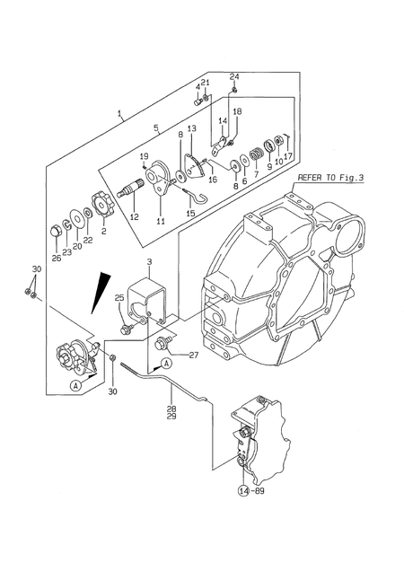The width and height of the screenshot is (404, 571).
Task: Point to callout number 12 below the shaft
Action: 133,216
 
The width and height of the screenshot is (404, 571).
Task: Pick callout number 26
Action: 57,259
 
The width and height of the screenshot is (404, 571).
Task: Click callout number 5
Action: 155,128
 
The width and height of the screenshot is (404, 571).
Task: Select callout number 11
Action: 162,222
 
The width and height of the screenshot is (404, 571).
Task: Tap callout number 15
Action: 190,213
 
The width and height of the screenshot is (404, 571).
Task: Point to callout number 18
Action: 237,111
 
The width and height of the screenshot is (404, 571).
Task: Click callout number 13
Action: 191,128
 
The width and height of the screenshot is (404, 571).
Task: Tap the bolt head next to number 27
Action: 163,343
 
